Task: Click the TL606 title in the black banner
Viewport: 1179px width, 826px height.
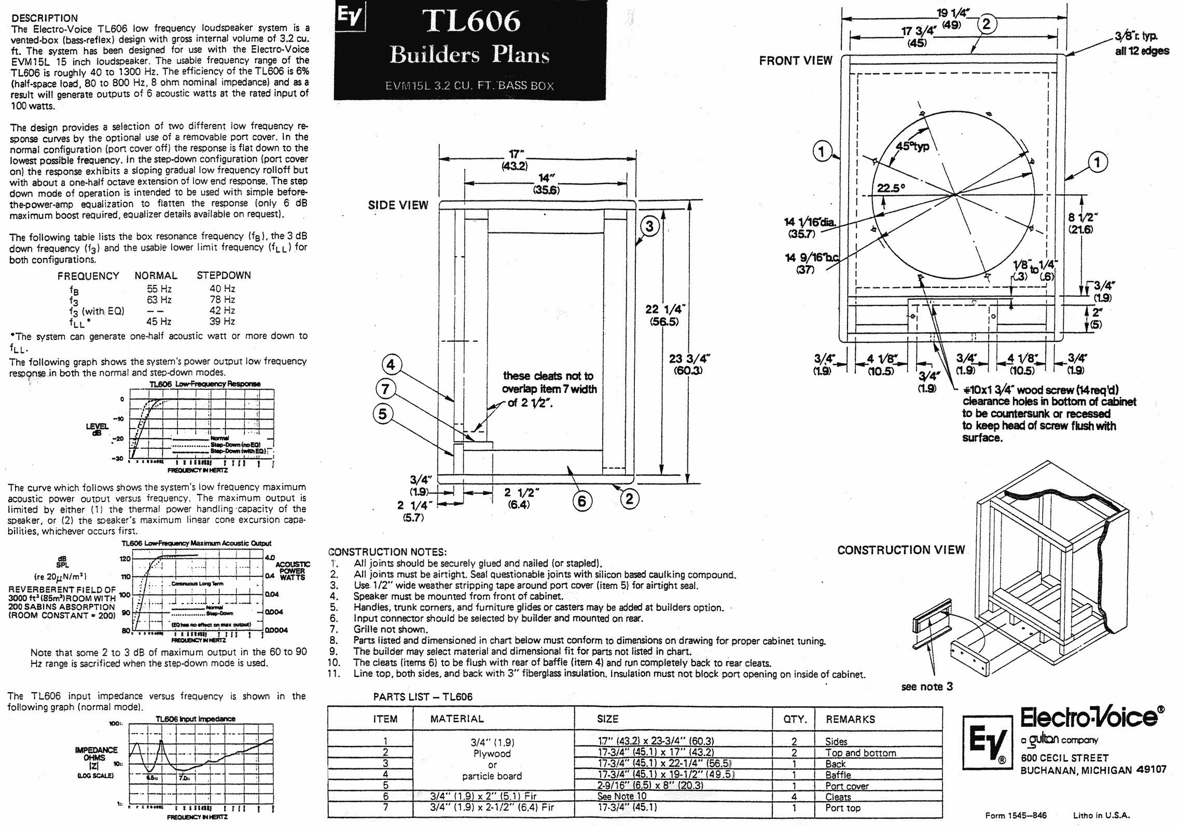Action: click(471, 22)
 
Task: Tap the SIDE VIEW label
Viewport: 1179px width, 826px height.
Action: click(398, 205)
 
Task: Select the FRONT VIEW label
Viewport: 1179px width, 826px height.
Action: click(795, 61)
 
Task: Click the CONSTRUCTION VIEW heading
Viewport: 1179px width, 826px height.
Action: click(901, 550)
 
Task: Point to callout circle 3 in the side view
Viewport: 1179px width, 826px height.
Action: click(649, 227)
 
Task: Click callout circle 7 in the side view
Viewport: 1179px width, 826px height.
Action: click(385, 389)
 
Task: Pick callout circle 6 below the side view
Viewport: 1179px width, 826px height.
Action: click(581, 501)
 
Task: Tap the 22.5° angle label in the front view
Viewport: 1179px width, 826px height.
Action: click(891, 188)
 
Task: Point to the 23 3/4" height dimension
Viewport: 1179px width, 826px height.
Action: click(689, 359)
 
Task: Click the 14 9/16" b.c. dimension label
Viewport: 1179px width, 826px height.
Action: click(811, 258)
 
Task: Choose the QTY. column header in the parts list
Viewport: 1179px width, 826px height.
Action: click(795, 719)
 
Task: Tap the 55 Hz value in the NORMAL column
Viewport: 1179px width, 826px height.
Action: click(159, 289)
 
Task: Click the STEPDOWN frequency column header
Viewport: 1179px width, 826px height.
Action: click(224, 276)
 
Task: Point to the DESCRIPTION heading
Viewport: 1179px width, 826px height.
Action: click(44, 18)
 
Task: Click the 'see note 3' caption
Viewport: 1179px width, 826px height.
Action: click(927, 686)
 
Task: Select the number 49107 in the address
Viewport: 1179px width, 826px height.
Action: click(1150, 770)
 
